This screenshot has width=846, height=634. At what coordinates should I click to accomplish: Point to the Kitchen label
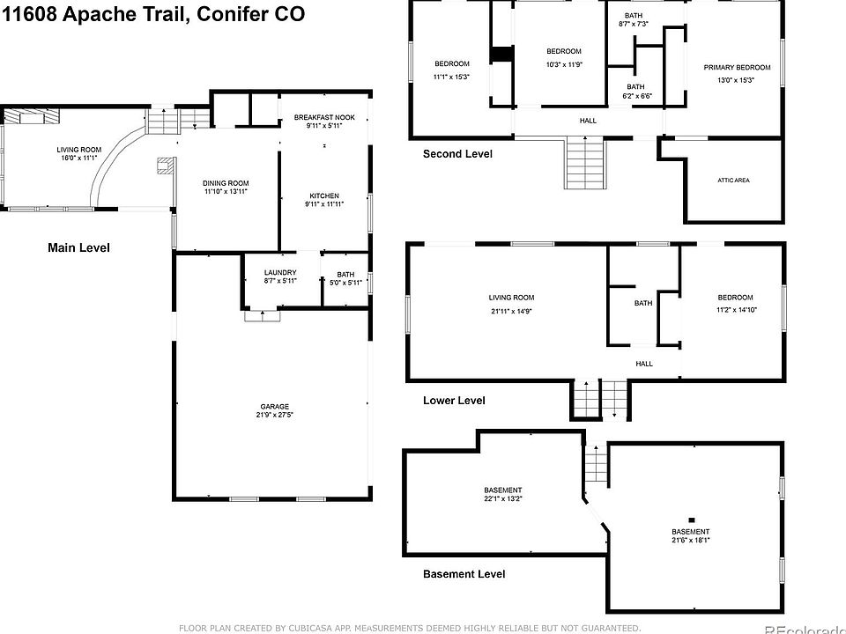pyautogui.click(x=324, y=195)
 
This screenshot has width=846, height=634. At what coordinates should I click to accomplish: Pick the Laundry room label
pyautogui.click(x=280, y=273)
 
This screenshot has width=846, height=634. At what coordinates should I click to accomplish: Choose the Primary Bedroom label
pyautogui.click(x=737, y=68)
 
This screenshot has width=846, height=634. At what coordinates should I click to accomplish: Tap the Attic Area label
pyautogui.click(x=733, y=181)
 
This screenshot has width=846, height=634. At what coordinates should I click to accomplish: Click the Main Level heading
pyautogui.click(x=78, y=248)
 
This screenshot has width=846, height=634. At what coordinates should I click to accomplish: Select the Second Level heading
pyautogui.click(x=457, y=154)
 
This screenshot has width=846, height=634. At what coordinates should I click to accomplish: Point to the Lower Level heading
pyautogui.click(x=454, y=401)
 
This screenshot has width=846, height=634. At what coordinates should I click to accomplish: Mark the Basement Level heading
pyautogui.click(x=464, y=574)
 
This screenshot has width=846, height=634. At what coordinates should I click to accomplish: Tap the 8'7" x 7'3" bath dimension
pyautogui.click(x=634, y=24)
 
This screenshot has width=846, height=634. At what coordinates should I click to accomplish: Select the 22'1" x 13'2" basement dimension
pyautogui.click(x=503, y=498)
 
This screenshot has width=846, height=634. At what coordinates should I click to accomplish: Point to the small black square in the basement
pyautogui.click(x=692, y=520)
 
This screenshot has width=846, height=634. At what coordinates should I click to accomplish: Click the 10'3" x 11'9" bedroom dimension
pyautogui.click(x=563, y=63)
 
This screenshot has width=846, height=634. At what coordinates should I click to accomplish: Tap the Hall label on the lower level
pyautogui.click(x=644, y=363)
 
